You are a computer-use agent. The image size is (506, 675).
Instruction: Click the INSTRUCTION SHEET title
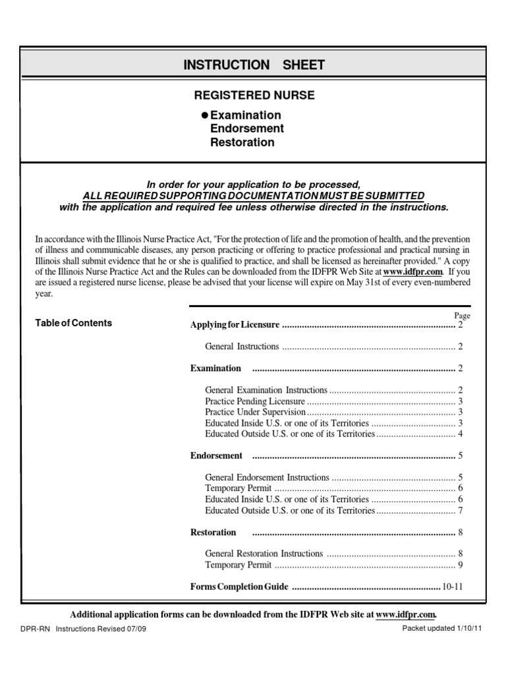[x=254, y=65]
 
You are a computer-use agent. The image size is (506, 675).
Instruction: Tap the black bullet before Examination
[x=204, y=115]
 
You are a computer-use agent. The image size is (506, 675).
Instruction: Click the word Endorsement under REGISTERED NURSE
[x=246, y=129]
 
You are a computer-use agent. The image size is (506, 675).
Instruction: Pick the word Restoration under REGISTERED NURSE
[x=242, y=142]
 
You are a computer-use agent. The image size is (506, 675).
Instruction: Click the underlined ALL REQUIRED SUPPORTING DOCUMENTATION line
[x=254, y=196]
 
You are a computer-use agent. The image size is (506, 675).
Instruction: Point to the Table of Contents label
[x=73, y=323]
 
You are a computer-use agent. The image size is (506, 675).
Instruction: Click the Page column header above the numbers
[x=462, y=316]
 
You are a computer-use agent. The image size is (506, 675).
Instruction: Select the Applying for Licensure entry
[x=235, y=325]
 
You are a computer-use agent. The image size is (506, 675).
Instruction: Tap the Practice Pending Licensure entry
[x=255, y=401]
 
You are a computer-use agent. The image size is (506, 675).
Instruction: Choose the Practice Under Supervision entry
[x=257, y=412]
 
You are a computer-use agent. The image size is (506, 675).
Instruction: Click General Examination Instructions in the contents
[x=266, y=390]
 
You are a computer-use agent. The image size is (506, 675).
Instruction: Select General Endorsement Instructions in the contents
[x=267, y=477]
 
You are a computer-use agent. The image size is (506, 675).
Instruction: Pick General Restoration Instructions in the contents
[x=264, y=554]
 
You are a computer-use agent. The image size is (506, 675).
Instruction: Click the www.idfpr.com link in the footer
[x=406, y=614]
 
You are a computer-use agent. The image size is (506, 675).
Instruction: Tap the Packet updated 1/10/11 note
[x=442, y=629]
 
